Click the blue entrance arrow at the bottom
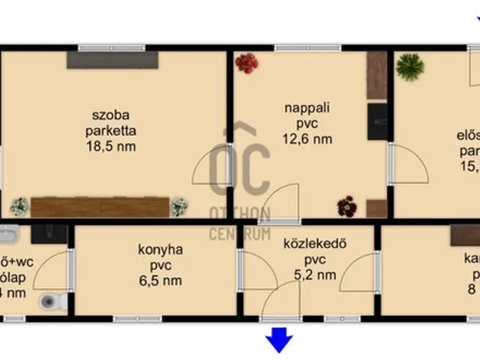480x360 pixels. pos(279,340)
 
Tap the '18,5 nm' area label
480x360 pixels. pos(111,146)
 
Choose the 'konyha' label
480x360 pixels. pos(160,249)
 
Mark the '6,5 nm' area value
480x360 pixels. pos(160,280)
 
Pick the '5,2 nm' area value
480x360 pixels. pos(310,274)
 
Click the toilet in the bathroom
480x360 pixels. pos(50,302)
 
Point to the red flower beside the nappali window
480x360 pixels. pos(246,63)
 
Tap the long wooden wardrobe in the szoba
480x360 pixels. pos(100,207)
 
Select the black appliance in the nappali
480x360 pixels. pos(377,121)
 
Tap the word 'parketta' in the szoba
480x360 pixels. pos(111,130)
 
